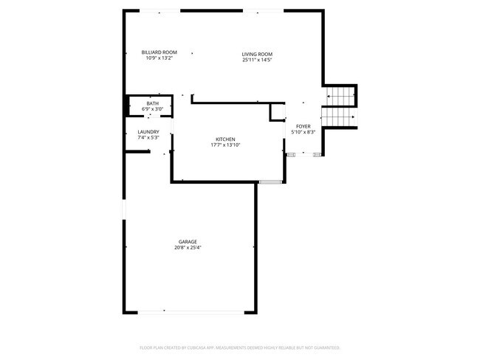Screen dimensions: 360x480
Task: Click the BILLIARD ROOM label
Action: pos(160,52)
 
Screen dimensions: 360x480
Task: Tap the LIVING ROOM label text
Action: pos(257,55)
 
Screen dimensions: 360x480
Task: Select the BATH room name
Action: pos(152,103)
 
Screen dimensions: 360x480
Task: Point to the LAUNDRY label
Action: pos(148,132)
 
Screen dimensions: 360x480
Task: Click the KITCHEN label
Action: pos(225,139)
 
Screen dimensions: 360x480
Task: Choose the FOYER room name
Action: pos(304,127)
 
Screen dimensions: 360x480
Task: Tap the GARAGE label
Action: pos(188,242)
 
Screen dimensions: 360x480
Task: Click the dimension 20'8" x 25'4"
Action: pos(188,248)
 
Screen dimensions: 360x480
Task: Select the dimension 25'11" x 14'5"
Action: pos(257,60)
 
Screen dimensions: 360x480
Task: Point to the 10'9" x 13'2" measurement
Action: pos(160,58)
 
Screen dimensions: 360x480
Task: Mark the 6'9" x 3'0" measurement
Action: pos(152,109)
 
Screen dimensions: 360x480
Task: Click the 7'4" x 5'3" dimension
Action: pos(148,137)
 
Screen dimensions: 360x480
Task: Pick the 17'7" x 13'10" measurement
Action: pos(225,145)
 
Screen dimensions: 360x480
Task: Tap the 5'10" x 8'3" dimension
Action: pos(304,132)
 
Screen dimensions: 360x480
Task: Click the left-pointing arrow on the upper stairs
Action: pos(329,97)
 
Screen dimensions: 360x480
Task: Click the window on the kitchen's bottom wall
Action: pos(270,181)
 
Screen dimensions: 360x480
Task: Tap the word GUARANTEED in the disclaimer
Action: pos(325,347)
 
